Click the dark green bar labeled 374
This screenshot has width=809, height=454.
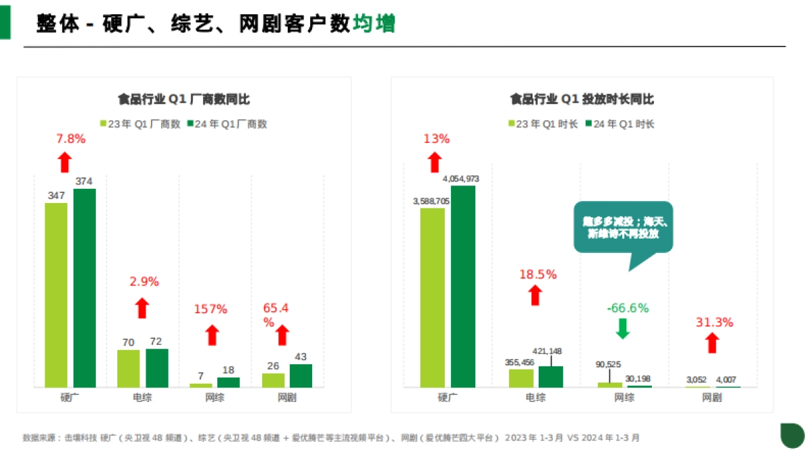[x=84, y=288]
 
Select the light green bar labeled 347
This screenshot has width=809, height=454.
[x=56, y=295]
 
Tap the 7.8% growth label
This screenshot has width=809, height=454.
[x=71, y=139]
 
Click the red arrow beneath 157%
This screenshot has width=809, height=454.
[x=212, y=335]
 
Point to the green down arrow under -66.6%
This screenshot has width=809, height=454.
[x=622, y=328]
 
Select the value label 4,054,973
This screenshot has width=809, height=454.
[x=461, y=179]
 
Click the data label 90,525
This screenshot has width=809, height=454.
[x=609, y=364]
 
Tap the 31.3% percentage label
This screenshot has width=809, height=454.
[x=714, y=322]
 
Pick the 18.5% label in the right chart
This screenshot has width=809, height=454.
[x=537, y=275]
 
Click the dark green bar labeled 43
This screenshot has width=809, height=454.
[x=301, y=376]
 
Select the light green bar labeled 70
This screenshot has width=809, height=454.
[x=128, y=368]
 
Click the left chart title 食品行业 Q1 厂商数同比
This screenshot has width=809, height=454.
[x=183, y=100]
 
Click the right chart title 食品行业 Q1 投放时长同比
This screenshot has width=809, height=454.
[x=582, y=100]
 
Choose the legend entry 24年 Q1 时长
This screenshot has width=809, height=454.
[x=620, y=124]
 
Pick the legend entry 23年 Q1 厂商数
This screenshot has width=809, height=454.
[x=140, y=124]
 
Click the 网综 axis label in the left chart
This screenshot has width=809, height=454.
[x=215, y=398]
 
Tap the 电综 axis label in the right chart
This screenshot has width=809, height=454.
[x=535, y=398]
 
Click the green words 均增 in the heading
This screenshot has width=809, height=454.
[x=374, y=24]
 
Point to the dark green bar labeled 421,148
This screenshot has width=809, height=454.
[x=550, y=376]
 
